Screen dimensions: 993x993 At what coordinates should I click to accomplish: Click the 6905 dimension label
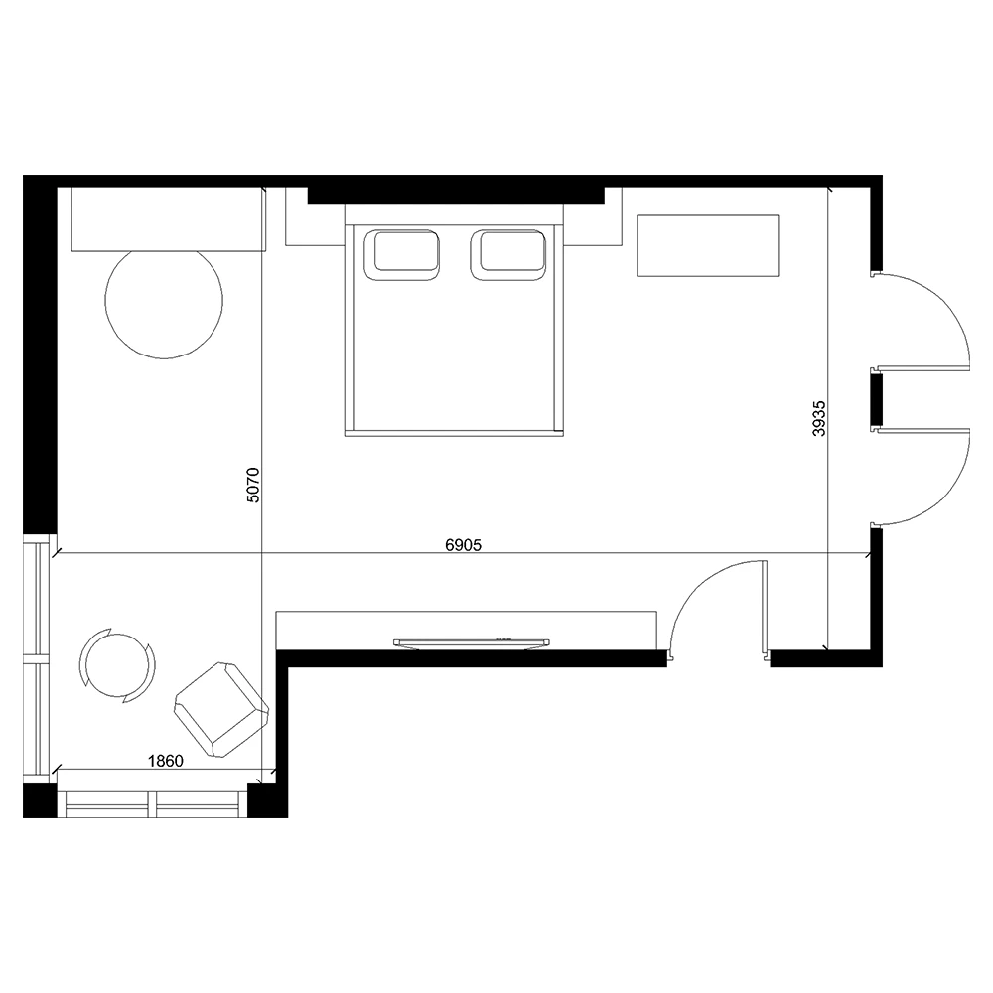(463, 544)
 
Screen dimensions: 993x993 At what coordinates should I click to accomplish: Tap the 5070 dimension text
(252, 485)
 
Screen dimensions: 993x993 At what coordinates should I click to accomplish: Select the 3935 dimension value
(819, 418)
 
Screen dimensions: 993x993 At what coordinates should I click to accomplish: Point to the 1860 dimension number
(165, 760)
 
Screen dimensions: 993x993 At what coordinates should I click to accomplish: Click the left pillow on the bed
(402, 254)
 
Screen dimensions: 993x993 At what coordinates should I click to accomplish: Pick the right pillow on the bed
(507, 254)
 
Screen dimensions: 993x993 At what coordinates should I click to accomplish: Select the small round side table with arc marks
(117, 665)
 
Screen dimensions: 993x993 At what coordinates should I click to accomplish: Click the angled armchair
(221, 709)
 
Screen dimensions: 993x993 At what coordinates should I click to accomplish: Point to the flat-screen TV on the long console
(471, 642)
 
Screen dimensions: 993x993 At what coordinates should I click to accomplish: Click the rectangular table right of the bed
(707, 245)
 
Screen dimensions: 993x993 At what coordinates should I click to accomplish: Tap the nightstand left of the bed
(315, 216)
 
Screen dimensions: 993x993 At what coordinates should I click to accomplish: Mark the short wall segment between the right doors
(876, 399)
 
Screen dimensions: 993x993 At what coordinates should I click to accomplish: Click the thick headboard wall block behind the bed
(456, 195)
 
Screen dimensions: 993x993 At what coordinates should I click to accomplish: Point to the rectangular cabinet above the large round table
(168, 219)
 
